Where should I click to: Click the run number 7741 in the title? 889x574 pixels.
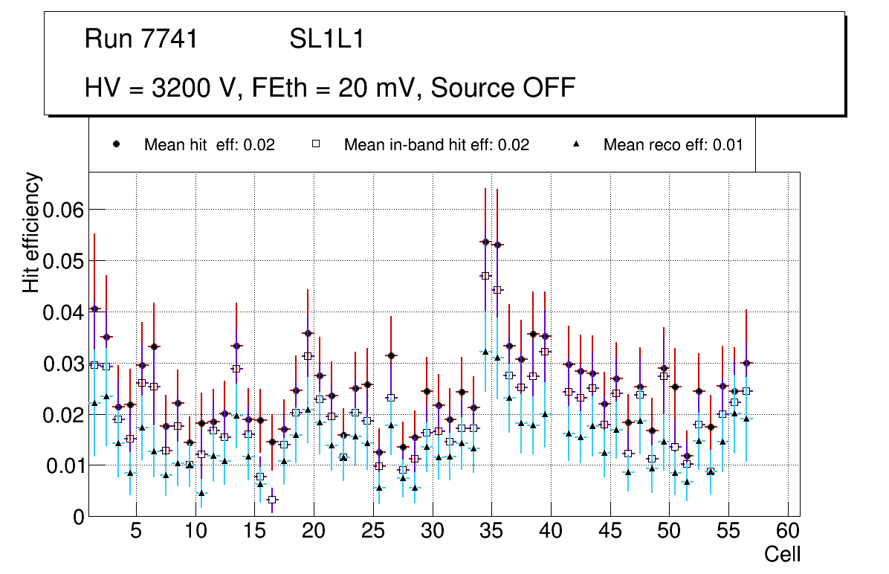point(170,39)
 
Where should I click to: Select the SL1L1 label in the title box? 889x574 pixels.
point(327,39)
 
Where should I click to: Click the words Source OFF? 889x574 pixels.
point(503,88)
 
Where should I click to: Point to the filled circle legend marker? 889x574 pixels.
point(117,144)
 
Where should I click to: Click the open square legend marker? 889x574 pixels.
point(316,144)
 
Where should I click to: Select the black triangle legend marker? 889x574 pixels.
point(577,144)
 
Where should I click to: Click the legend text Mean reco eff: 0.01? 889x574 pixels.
point(673,145)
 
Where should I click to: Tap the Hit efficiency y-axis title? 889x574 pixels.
point(32,233)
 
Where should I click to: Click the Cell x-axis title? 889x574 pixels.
point(782,554)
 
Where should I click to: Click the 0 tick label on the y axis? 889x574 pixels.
point(79,517)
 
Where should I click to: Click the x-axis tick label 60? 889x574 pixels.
point(787,532)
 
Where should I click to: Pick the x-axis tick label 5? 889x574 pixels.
point(135,532)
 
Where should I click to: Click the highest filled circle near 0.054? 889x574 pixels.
point(485,242)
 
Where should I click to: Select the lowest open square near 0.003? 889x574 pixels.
point(272,500)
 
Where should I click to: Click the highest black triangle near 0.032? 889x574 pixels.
point(485,352)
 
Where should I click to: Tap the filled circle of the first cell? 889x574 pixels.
point(94,309)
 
